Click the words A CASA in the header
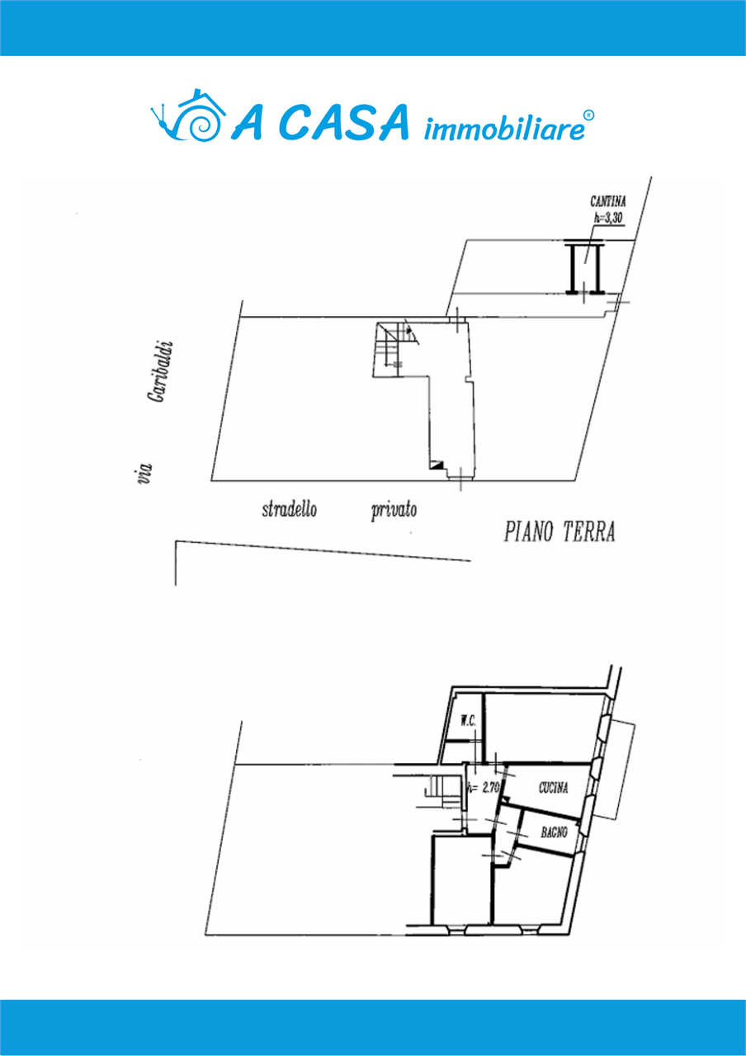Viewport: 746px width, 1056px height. coord(319,122)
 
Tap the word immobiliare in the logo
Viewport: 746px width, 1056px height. coord(504,129)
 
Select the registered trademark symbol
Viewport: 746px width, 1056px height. coord(589,115)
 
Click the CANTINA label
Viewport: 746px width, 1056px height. coord(608,202)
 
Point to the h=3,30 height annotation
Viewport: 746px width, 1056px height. coord(608,218)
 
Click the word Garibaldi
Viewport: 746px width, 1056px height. coord(159,371)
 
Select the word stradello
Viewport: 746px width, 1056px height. coord(289,510)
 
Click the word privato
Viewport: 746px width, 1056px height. coord(394,511)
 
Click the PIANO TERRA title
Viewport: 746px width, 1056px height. coord(559,532)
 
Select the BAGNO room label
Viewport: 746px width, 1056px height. coord(554,832)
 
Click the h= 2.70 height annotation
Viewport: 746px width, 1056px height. coord(483,788)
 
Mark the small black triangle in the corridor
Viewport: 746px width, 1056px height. coord(437,464)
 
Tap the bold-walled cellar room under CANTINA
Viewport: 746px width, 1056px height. coord(585,267)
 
